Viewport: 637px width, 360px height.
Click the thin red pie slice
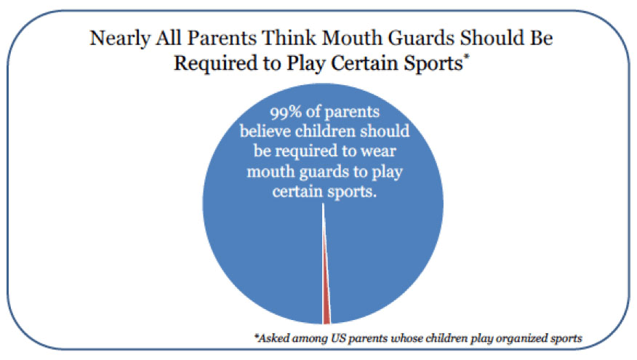click(x=326, y=309)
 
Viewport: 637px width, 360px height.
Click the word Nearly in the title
click(x=114, y=39)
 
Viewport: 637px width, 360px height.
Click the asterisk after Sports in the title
click(x=465, y=57)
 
